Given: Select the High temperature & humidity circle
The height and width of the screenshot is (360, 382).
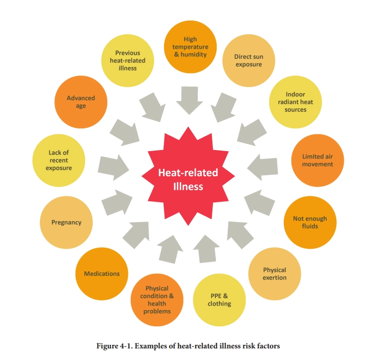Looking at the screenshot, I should (190, 46).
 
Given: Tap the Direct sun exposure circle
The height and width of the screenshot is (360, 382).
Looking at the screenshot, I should (248, 60).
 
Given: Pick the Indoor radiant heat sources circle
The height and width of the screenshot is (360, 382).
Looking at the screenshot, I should (295, 102).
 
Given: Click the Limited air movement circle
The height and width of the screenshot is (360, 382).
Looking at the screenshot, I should (317, 160).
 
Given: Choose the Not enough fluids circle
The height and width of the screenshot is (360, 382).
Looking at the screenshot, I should (310, 222).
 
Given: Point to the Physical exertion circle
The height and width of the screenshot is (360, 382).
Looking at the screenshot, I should (274, 274).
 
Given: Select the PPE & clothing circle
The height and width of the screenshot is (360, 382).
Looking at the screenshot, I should (219, 300).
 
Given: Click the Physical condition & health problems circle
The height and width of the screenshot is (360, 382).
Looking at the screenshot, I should (157, 300).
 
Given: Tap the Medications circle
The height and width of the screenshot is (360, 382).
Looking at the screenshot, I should (102, 273).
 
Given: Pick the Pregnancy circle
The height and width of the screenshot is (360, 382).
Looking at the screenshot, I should (66, 222).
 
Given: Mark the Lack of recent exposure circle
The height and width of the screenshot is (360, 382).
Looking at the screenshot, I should (59, 160).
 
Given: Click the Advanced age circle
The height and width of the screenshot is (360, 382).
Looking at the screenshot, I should (81, 102).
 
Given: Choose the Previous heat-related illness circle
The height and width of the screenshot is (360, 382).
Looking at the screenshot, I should (128, 60).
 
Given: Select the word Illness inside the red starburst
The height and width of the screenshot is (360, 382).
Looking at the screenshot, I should (188, 186).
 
